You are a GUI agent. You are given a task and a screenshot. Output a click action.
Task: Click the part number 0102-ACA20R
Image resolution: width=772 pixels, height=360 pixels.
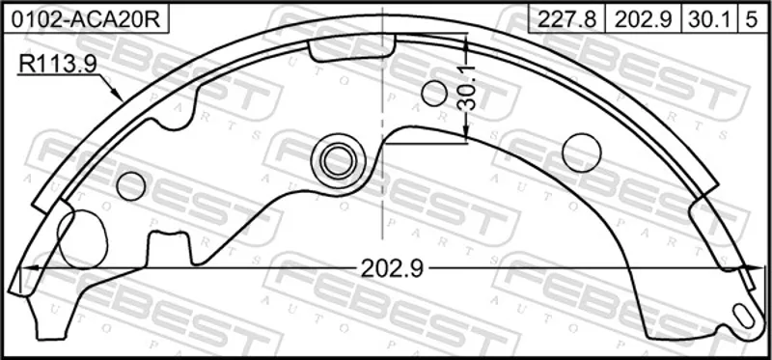pyautogui.click(x=86, y=19)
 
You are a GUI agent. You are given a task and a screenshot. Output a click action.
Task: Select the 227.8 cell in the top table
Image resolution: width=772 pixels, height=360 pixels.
pyautogui.click(x=566, y=19)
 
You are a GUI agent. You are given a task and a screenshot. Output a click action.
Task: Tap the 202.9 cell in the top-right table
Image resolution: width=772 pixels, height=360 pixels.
pyautogui.click(x=643, y=19)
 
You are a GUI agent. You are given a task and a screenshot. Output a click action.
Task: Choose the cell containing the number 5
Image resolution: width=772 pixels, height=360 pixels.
pyautogui.click(x=752, y=19)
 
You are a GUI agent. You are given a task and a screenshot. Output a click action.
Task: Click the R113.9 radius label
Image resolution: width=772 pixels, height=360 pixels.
pyautogui.click(x=57, y=64)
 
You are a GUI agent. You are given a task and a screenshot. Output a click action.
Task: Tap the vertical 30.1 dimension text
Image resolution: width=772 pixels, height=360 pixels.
pyautogui.click(x=465, y=88)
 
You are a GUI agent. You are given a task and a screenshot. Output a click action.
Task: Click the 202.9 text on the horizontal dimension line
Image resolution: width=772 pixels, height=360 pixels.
pyautogui.click(x=392, y=268)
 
